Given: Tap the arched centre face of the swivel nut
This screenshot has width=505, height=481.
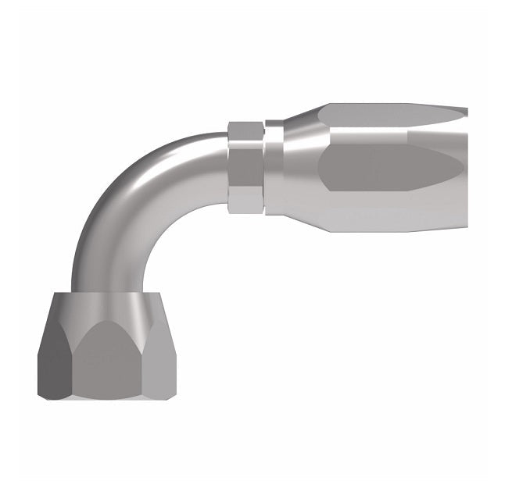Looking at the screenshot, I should [107, 359].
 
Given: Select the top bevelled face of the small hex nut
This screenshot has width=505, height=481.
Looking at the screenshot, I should [245, 131].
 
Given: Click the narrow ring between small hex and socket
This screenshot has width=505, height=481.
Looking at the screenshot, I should [274, 168].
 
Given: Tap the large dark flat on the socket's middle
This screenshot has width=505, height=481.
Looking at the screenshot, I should [383, 166].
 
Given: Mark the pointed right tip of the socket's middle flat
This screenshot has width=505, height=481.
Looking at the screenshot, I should [462, 163].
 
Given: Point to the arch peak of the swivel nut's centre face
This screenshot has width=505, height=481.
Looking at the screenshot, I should [107, 322].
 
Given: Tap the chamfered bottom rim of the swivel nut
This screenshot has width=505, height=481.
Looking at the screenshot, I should [107, 395].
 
